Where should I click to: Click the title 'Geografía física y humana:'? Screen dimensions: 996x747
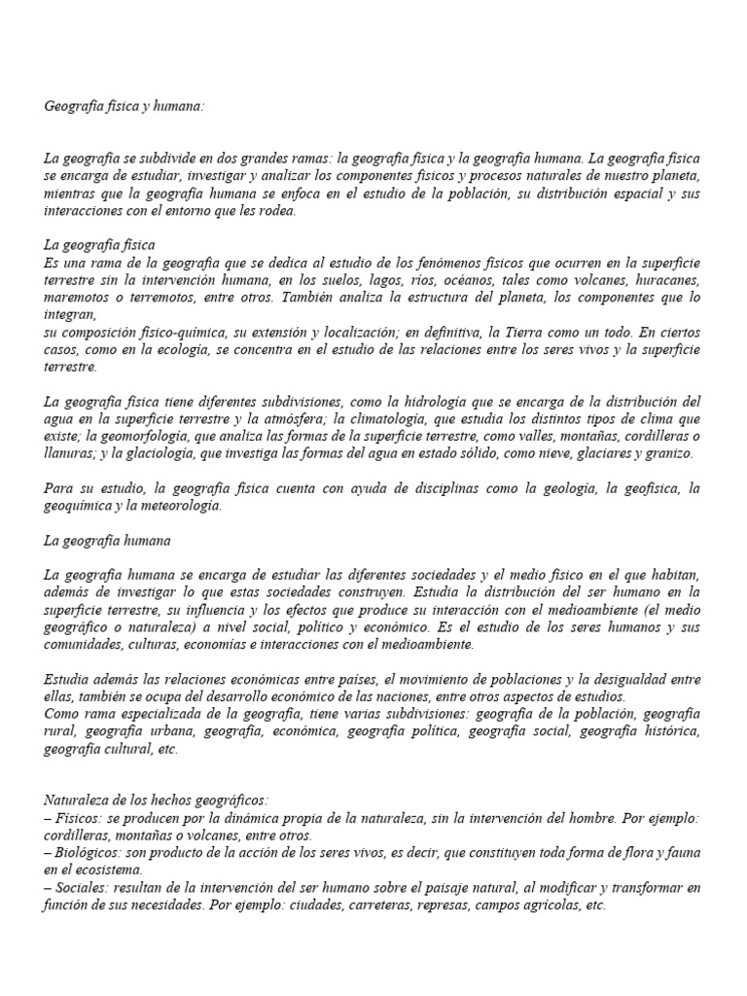[124, 105]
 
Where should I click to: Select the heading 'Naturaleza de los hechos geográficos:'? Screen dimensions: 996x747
[157, 800]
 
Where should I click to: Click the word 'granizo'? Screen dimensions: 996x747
[667, 453]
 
